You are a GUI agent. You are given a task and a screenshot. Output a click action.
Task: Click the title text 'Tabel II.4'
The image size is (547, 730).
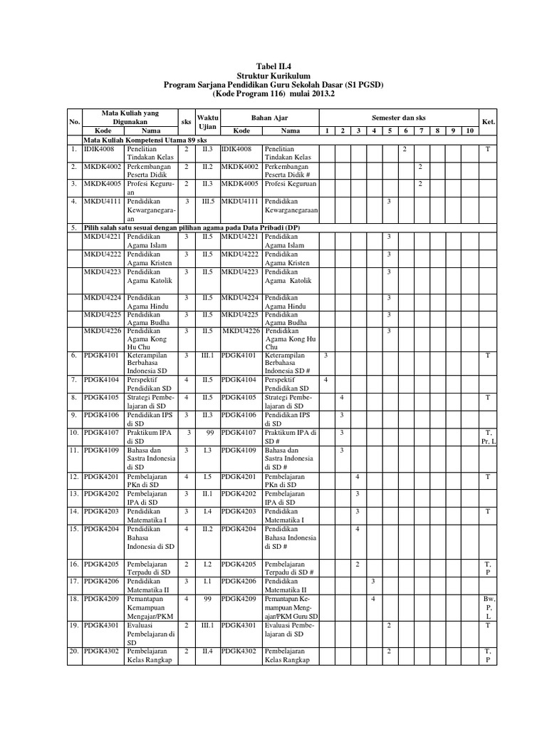tap(273, 66)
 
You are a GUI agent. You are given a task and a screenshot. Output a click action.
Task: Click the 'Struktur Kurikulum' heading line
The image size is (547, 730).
tap(273, 75)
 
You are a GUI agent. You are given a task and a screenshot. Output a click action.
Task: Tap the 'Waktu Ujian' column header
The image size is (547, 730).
tap(208, 122)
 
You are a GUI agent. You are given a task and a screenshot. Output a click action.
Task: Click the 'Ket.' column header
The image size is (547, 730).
tap(489, 122)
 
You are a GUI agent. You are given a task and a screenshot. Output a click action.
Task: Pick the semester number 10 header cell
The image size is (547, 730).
tap(469, 131)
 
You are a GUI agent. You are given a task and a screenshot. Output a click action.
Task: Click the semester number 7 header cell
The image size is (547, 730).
tap(421, 131)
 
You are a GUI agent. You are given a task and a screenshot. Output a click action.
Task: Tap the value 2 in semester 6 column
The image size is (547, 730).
tap(405, 150)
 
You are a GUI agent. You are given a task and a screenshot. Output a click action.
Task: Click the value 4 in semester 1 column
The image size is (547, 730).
tap(325, 380)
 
